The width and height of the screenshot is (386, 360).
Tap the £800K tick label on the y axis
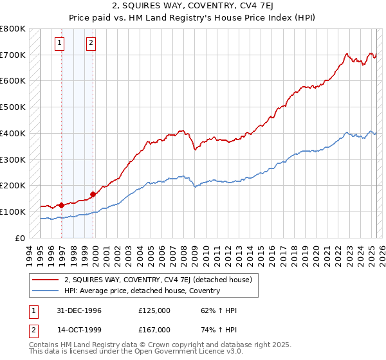pyautogui.click(x=13, y=29)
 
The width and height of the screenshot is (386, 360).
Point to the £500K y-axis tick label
pyautogui.click(x=13, y=107)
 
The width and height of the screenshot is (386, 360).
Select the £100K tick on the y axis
pyautogui.click(x=13, y=212)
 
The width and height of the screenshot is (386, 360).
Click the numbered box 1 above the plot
pyautogui.click(x=59, y=43)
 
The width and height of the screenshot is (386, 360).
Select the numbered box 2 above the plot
pyautogui.click(x=91, y=43)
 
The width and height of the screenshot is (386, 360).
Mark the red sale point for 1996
pyautogui.click(x=62, y=205)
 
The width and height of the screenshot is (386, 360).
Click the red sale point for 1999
pyautogui.click(x=93, y=194)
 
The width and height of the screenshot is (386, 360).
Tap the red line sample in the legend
pyautogui.click(x=45, y=280)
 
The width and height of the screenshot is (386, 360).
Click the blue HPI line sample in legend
pyautogui.click(x=45, y=291)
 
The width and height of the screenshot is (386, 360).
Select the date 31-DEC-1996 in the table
pyautogui.click(x=78, y=310)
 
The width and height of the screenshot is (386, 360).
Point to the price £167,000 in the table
pyautogui.click(x=154, y=329)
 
